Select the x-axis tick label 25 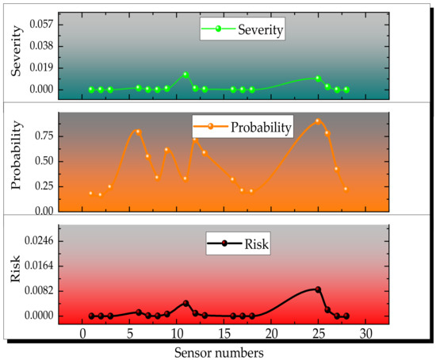point(318,333)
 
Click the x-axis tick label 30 point(365,333)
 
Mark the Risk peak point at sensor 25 point(318,289)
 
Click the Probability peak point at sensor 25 point(318,121)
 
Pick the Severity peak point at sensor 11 point(185,75)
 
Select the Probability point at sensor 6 point(138,132)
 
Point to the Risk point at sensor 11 point(185,303)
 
